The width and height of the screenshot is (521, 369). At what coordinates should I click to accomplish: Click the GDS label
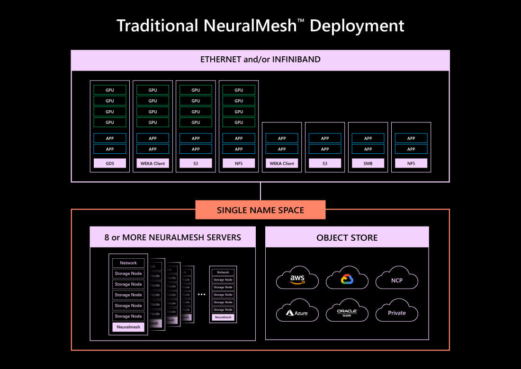click(110, 163)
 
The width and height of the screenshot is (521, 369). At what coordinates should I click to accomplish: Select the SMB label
click(368, 163)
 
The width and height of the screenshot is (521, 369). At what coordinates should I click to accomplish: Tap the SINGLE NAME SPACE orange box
click(260, 210)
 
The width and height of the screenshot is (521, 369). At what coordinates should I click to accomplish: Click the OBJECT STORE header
click(347, 237)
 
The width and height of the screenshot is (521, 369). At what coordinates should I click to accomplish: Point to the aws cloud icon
click(297, 279)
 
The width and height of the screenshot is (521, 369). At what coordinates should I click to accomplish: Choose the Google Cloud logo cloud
click(347, 279)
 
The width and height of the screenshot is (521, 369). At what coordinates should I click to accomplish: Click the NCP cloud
click(397, 280)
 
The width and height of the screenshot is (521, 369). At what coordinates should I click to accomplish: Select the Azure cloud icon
click(297, 311)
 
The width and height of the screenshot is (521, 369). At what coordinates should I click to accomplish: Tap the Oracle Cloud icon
click(347, 311)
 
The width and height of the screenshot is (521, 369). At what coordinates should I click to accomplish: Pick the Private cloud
click(397, 312)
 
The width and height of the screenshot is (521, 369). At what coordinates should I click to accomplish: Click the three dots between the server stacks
click(202, 294)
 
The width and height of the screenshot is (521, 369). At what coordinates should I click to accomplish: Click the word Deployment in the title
click(357, 25)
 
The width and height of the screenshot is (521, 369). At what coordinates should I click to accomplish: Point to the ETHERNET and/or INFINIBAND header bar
click(260, 60)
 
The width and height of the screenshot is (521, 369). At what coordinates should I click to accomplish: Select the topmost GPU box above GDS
click(110, 90)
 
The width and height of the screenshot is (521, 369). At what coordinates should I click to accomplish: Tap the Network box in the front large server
click(128, 263)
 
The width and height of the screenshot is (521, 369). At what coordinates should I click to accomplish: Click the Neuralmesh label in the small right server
click(223, 317)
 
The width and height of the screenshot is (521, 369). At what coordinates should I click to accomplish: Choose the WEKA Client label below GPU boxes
click(153, 163)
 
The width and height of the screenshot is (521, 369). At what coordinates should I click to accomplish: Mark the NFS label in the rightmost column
click(411, 163)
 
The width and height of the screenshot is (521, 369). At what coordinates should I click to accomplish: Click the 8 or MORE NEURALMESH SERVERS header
click(173, 237)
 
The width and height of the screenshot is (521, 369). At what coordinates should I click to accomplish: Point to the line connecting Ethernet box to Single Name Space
click(260, 191)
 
